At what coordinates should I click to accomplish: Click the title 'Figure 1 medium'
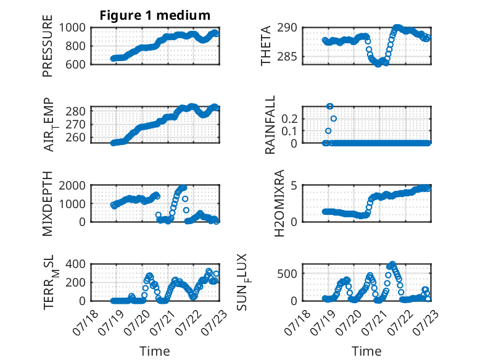pos(155,15)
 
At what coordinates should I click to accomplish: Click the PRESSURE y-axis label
pos(48,46)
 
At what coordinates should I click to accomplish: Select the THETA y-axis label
pos(266,46)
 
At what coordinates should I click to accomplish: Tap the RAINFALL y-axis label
pos(270,125)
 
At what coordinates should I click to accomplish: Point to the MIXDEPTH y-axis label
pos(48,204)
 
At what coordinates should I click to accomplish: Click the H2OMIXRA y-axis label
pos(279,203)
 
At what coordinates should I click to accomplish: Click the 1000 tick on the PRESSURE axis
pos(72,28)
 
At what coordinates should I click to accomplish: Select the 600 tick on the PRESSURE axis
pos(75,65)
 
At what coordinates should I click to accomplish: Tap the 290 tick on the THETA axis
pos(287,28)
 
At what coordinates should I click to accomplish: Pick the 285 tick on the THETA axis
pos(287,57)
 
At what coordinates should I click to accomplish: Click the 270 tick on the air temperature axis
pos(75,124)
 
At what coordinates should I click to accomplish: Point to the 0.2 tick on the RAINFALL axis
pos(289,119)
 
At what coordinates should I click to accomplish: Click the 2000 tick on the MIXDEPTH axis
pos(72,185)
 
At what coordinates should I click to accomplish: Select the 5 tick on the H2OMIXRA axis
pos(294,185)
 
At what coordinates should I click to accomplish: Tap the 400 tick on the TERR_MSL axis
pos(75,264)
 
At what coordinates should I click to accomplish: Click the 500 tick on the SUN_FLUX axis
pos(287,274)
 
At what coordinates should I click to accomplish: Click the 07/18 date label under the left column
pos(86,322)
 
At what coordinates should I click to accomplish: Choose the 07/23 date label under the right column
pos(426,322)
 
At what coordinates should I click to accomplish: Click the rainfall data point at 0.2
pos(334,119)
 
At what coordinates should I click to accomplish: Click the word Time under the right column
pos(366,351)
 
